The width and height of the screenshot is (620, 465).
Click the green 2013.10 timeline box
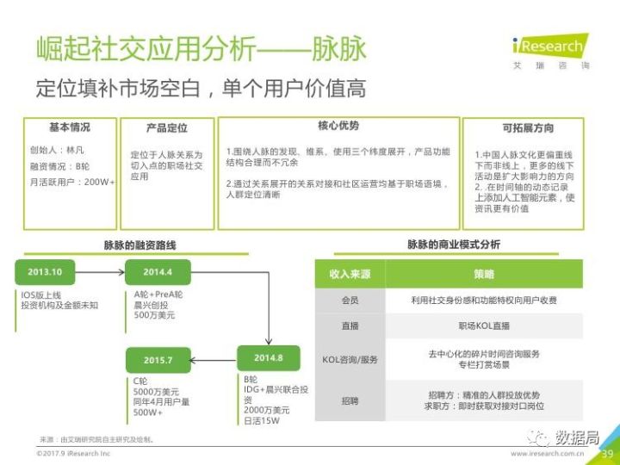click(45, 272)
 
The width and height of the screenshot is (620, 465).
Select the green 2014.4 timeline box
click(158, 272)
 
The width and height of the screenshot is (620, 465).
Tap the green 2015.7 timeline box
click(158, 360)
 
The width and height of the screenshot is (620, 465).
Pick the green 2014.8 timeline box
click(269, 357)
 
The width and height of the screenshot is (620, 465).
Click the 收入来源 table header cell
click(350, 274)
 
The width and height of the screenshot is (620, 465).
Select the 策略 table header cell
click(484, 274)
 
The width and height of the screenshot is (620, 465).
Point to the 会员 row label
click(350, 301)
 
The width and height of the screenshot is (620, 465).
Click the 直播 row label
click(350, 326)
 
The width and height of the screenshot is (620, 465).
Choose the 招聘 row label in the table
click(350, 400)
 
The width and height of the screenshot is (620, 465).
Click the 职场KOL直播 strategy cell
click(484, 326)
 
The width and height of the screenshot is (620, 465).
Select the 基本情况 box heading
click(69, 127)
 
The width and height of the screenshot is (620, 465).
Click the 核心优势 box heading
click(338, 126)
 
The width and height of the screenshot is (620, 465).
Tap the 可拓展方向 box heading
click(527, 127)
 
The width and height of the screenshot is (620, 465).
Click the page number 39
click(606, 454)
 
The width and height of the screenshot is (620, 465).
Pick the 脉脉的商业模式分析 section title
click(453, 245)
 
